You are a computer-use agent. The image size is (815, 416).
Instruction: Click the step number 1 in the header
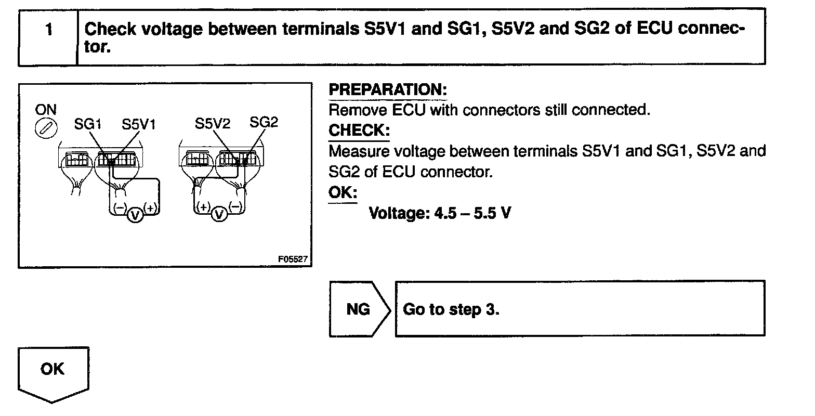tap(48, 30)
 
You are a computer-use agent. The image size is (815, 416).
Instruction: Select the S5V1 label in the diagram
tap(139, 124)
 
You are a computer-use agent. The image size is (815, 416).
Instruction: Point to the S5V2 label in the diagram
tap(213, 123)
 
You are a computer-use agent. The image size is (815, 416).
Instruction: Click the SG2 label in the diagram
tap(264, 122)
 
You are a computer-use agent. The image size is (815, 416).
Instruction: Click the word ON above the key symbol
tap(46, 110)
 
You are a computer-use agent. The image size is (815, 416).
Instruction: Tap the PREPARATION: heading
tap(387, 89)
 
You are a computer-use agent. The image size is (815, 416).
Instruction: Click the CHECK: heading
tap(359, 131)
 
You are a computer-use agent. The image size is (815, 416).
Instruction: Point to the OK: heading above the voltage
tap(343, 192)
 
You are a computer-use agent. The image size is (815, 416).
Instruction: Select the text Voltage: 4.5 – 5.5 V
tap(439, 213)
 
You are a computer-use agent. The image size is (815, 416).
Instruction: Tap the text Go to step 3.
tap(451, 309)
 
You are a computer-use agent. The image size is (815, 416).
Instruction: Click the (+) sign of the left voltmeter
tap(151, 208)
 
